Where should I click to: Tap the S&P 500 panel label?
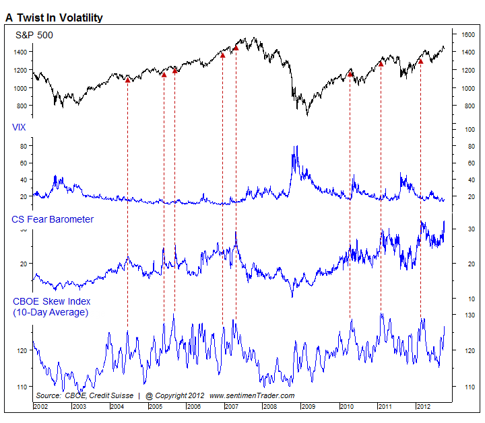[34, 35]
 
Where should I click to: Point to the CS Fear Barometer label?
[53, 219]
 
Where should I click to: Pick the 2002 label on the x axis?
[41, 407]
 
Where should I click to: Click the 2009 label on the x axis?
[309, 407]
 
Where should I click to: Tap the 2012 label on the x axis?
[423, 407]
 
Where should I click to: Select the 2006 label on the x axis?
[194, 407]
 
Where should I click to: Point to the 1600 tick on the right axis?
[468, 34]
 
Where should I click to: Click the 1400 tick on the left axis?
[21, 52]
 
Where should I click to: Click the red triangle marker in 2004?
[127, 80]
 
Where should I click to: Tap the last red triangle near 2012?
[420, 61]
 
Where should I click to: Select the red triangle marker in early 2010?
[350, 73]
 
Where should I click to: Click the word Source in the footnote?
[48, 395]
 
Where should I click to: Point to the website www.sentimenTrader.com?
[252, 395]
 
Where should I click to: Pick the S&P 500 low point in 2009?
[307, 115]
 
